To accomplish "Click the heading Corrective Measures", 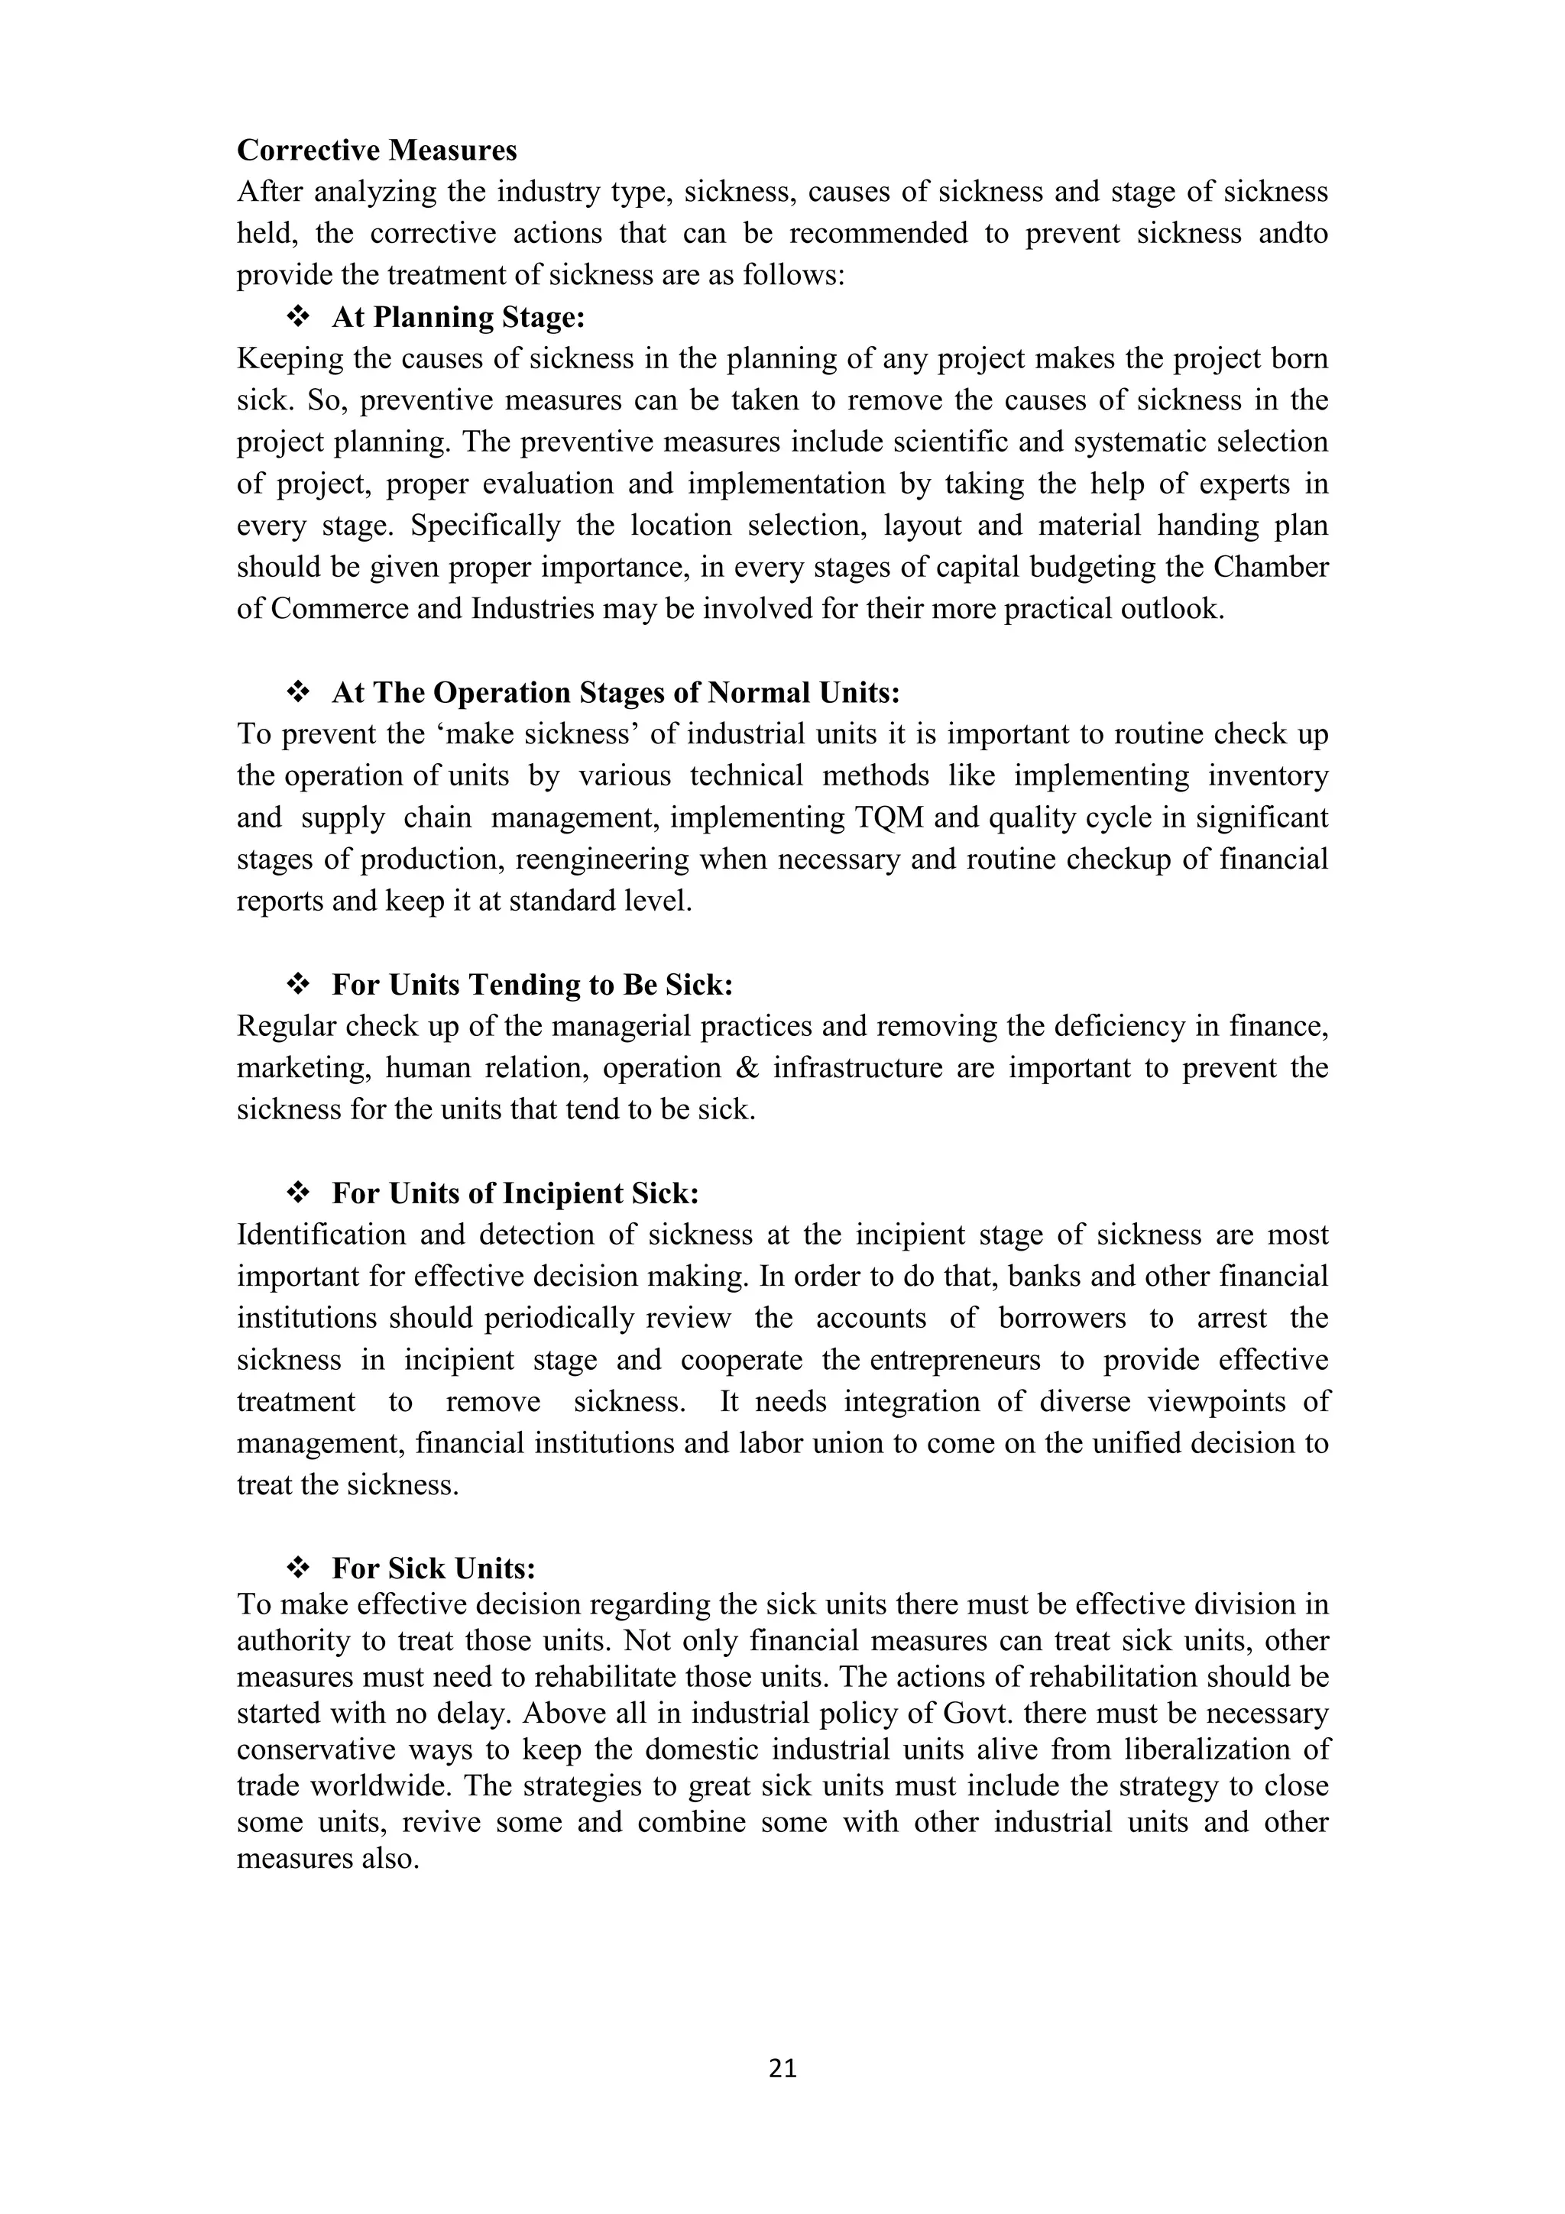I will point(377,151).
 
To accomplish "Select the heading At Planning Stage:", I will point(458,317).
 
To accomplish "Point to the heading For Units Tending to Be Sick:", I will point(533,985).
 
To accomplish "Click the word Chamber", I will point(1270,567).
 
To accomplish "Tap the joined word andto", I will point(1293,233).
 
